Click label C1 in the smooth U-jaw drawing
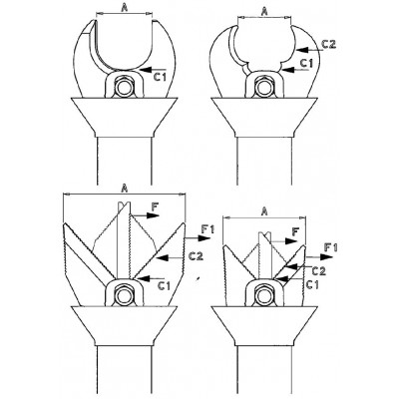(160, 77)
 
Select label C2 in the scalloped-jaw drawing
(329, 44)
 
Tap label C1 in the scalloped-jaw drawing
(307, 63)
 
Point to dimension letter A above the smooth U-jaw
(124, 8)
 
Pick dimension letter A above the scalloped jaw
(264, 12)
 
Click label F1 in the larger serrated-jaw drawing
(208, 229)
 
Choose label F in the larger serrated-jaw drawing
(155, 207)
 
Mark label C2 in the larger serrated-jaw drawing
(196, 256)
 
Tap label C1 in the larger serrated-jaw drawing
(165, 285)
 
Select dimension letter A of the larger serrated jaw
(125, 189)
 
